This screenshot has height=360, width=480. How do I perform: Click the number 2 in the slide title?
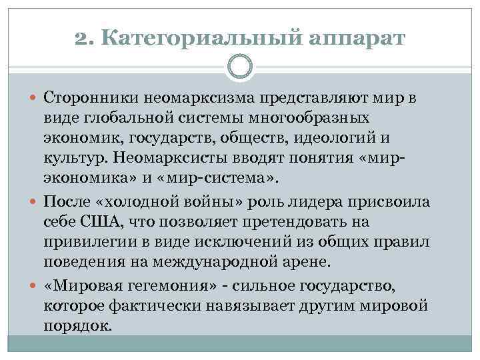82,39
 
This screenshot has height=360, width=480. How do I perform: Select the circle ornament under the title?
240,68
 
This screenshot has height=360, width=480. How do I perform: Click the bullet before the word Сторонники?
35,99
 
